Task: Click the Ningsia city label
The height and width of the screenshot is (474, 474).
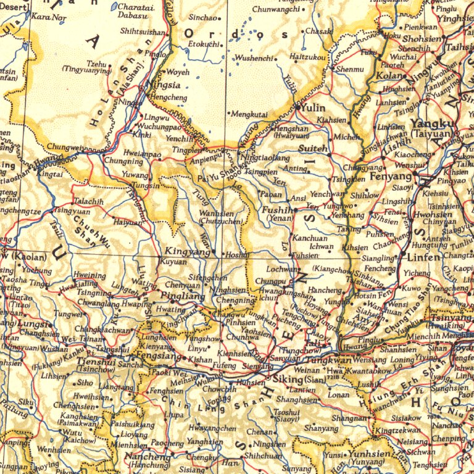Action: tap(165, 85)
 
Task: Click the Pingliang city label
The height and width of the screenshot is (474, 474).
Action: tap(183, 296)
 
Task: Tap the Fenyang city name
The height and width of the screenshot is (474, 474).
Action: tap(390, 176)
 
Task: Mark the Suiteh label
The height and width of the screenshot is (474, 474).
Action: tap(313, 149)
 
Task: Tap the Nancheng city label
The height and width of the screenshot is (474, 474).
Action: tap(148, 457)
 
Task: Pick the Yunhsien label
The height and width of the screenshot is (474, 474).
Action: tap(370, 454)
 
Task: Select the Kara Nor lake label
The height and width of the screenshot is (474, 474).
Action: tap(48, 17)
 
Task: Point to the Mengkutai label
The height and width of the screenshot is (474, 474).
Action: tap(249, 114)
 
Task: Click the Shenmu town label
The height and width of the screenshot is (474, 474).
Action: tap(350, 69)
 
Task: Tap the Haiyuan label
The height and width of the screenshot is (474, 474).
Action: tap(127, 222)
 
